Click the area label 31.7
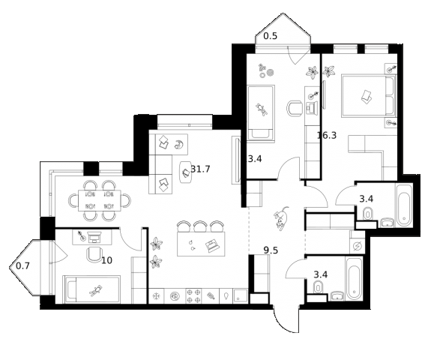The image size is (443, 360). click(x=201, y=169)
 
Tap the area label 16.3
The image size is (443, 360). click(x=327, y=136)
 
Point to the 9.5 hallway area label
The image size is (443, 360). click(x=271, y=250)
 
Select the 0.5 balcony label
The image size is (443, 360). click(x=271, y=36)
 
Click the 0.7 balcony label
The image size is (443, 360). click(x=22, y=266)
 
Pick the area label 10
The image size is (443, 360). click(x=106, y=260)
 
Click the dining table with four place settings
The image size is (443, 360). click(x=100, y=200)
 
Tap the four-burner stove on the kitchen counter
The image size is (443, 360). click(x=194, y=295)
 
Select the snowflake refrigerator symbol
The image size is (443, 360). click(x=156, y=296)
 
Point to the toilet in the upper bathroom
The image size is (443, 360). click(x=367, y=214)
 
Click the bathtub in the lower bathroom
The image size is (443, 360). click(x=354, y=279)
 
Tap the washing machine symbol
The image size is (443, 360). click(x=357, y=247)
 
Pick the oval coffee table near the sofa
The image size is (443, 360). click(x=186, y=172)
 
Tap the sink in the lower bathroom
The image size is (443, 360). click(x=337, y=295)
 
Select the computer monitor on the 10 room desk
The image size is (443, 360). click(x=94, y=237)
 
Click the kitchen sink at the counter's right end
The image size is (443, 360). click(x=240, y=296)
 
